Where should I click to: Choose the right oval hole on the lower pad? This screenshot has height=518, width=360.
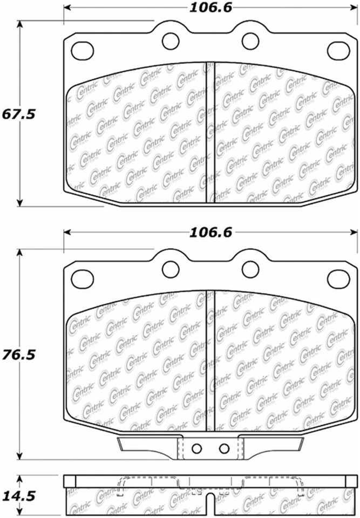click(x=338, y=278)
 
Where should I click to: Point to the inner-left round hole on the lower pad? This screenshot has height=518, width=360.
click(x=171, y=269)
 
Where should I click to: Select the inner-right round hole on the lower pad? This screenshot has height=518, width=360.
click(x=250, y=269)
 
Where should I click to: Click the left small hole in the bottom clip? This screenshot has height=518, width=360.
click(x=197, y=448)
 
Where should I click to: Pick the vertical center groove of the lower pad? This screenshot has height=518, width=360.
click(x=211, y=359)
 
